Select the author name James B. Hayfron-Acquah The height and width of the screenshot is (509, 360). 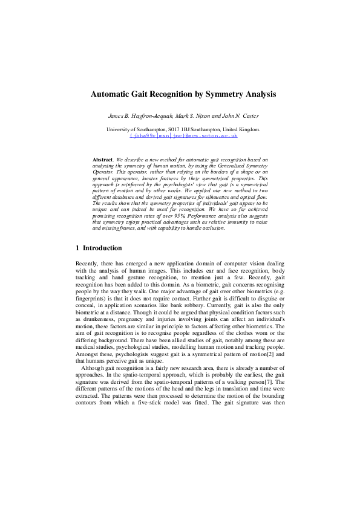140,115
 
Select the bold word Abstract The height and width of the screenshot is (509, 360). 103,160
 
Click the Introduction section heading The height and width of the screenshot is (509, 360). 102,248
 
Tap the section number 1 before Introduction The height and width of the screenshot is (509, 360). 77,248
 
